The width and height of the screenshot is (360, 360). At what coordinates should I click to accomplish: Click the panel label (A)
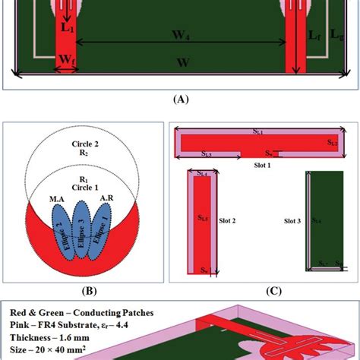coord(180,99)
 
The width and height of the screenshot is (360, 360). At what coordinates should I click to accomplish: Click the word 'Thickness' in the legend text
coord(32,338)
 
